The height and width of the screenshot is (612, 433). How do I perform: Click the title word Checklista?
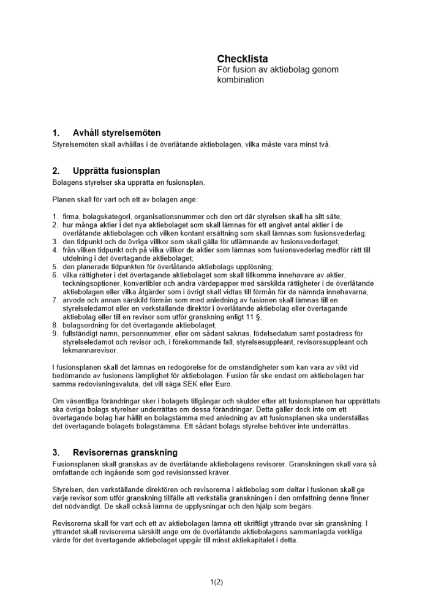click(x=242, y=59)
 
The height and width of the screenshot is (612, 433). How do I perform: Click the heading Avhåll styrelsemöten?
click(x=116, y=133)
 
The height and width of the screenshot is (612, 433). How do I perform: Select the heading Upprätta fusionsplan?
click(x=116, y=171)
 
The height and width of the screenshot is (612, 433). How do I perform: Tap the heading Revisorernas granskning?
click(x=125, y=453)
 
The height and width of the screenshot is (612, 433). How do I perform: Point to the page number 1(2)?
click(x=216, y=583)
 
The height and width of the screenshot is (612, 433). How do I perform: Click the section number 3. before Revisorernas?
click(x=56, y=453)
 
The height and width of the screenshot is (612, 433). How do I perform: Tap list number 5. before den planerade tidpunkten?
click(x=55, y=267)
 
